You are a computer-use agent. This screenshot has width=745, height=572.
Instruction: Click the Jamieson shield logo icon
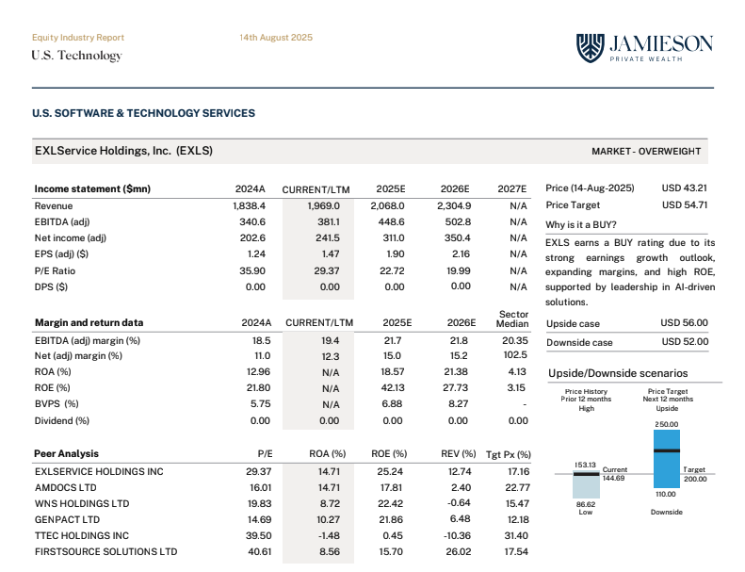[590, 48]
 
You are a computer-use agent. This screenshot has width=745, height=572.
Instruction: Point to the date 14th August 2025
[276, 38]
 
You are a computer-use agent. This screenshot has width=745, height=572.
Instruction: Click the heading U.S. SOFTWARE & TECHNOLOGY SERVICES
[143, 113]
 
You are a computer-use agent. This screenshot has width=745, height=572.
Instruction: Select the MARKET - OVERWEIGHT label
[646, 151]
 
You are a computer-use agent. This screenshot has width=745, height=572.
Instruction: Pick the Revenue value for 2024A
[250, 205]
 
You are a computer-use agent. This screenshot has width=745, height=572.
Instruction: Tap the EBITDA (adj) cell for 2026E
[454, 221]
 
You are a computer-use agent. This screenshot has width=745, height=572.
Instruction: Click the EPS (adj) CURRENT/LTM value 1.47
[330, 253]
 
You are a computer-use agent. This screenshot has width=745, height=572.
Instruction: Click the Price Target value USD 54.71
[685, 204]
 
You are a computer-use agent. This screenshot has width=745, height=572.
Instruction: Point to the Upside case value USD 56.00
[685, 323]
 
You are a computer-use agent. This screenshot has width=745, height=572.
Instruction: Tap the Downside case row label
[579, 342]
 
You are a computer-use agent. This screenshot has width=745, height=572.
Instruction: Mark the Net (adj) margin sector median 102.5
[515, 355]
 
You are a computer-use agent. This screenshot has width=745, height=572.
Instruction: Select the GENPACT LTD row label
[67, 519]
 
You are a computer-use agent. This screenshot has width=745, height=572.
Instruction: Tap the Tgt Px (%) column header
[508, 454]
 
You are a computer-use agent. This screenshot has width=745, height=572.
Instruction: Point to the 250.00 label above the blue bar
[666, 425]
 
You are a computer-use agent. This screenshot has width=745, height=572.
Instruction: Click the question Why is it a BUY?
[581, 225]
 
